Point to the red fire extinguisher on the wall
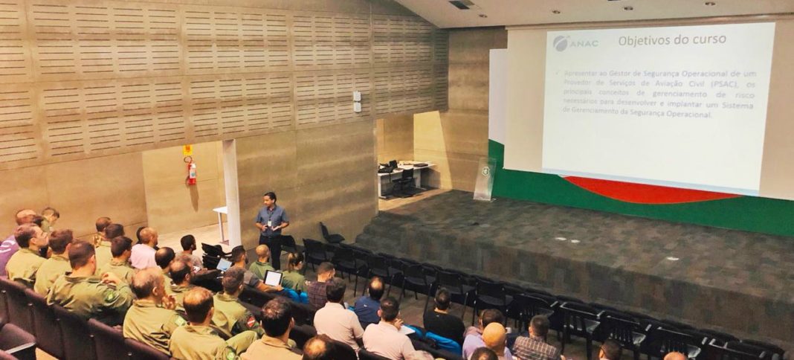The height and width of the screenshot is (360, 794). pos(192,172)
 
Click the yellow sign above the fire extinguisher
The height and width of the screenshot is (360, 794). pos(187,150)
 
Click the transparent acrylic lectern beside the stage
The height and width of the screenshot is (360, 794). pos(484,180)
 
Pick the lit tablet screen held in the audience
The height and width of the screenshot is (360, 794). pos(274,277)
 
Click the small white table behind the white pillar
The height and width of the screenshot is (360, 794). pos(220,222)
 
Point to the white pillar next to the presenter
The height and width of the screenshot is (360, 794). pos(231,193)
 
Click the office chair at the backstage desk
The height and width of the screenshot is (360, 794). pos(406,181)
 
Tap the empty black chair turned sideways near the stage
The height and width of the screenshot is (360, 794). pos(330,234)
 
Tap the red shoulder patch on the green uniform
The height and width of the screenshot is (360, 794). pos(251,321)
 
